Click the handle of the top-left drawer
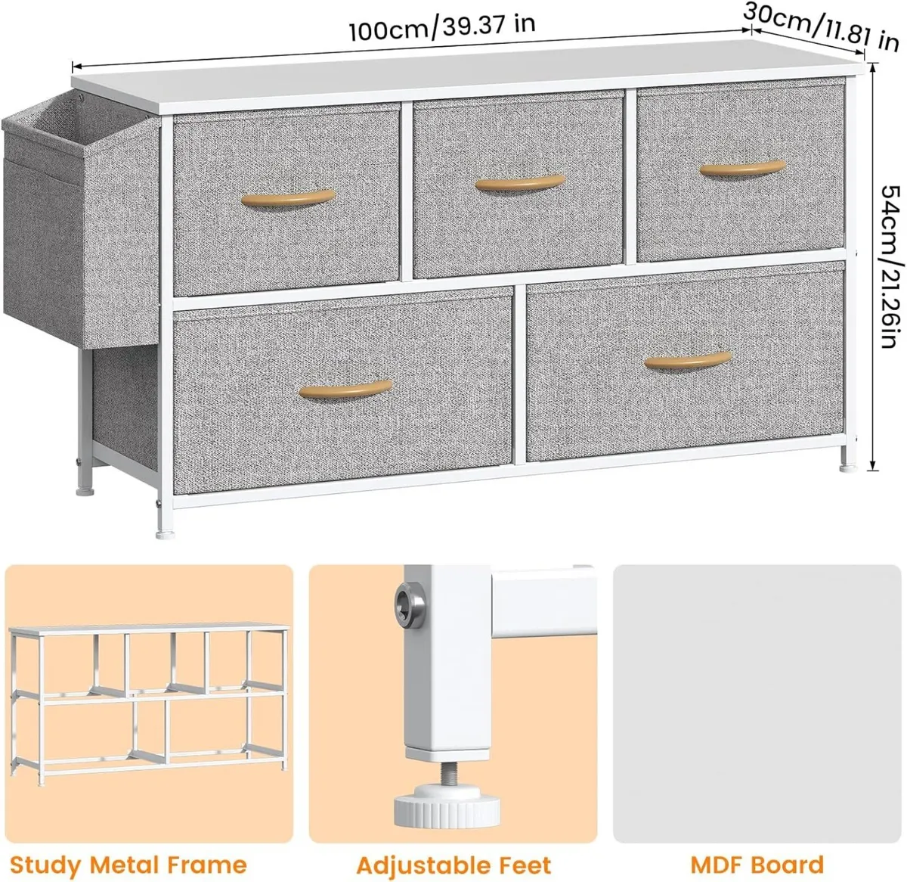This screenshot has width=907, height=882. pos(288,197)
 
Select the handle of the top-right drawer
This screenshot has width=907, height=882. pos(742,169)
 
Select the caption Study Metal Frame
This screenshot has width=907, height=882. pos(128,865)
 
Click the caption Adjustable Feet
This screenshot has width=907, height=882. pos(453,865)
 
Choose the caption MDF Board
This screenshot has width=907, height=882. pos(757,865)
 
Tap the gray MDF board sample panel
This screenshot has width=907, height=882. pos(757,703)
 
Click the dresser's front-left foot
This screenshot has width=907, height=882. pos(161,530)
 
